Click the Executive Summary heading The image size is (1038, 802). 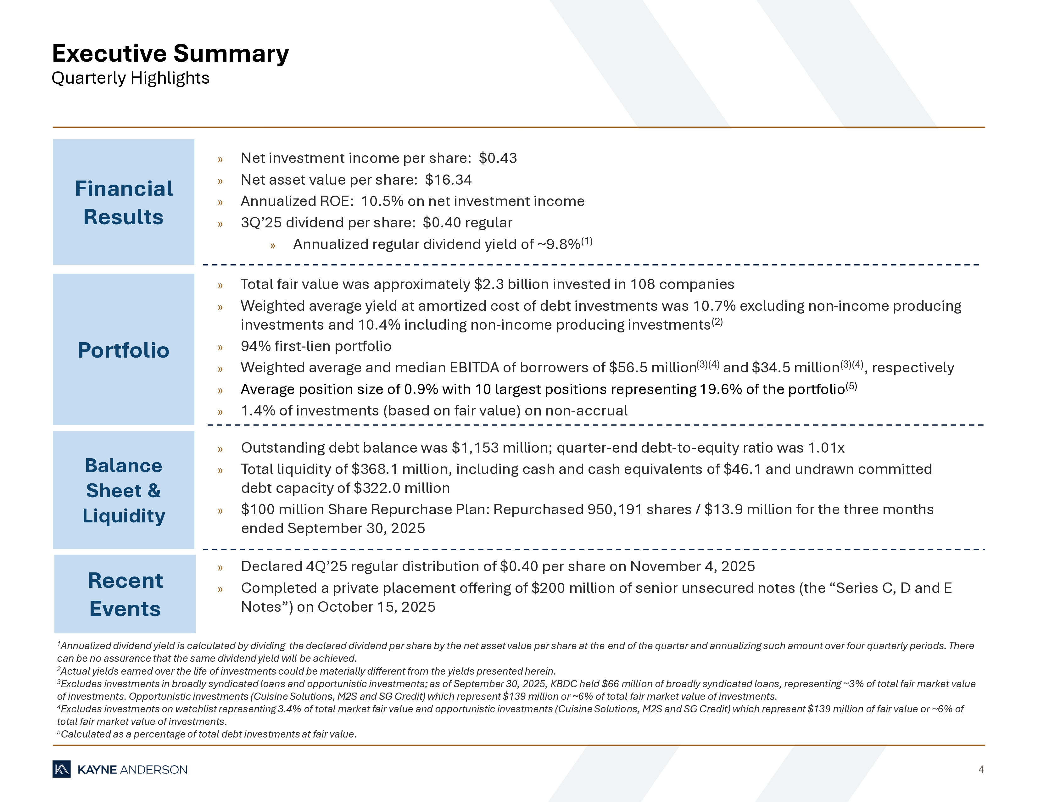pos(170,53)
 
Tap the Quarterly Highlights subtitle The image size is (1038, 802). pos(130,78)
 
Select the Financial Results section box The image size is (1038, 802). pos(124,202)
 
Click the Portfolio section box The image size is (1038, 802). pos(124,350)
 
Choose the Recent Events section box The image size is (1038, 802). pos(125,594)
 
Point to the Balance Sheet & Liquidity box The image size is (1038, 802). pos(124,490)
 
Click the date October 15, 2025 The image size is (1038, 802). pos(377,607)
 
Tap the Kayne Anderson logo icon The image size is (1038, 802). pos(61,770)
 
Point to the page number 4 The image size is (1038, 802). pos(981,770)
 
